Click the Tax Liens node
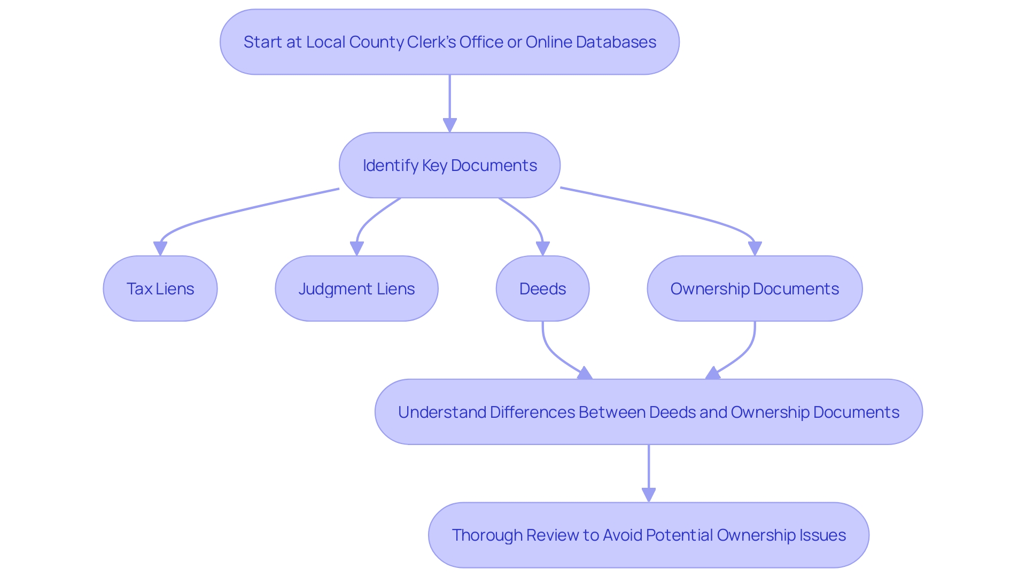[x=160, y=288]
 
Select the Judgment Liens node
[x=356, y=288]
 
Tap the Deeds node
[x=542, y=288]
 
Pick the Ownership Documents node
[x=755, y=288]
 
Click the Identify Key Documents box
[x=449, y=165]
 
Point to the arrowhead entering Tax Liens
[x=160, y=248]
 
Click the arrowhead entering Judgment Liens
[x=357, y=248]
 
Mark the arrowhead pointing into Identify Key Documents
[x=450, y=125]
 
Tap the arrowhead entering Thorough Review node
[x=649, y=495]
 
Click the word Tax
[x=139, y=288]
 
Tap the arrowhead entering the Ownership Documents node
[x=755, y=248]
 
